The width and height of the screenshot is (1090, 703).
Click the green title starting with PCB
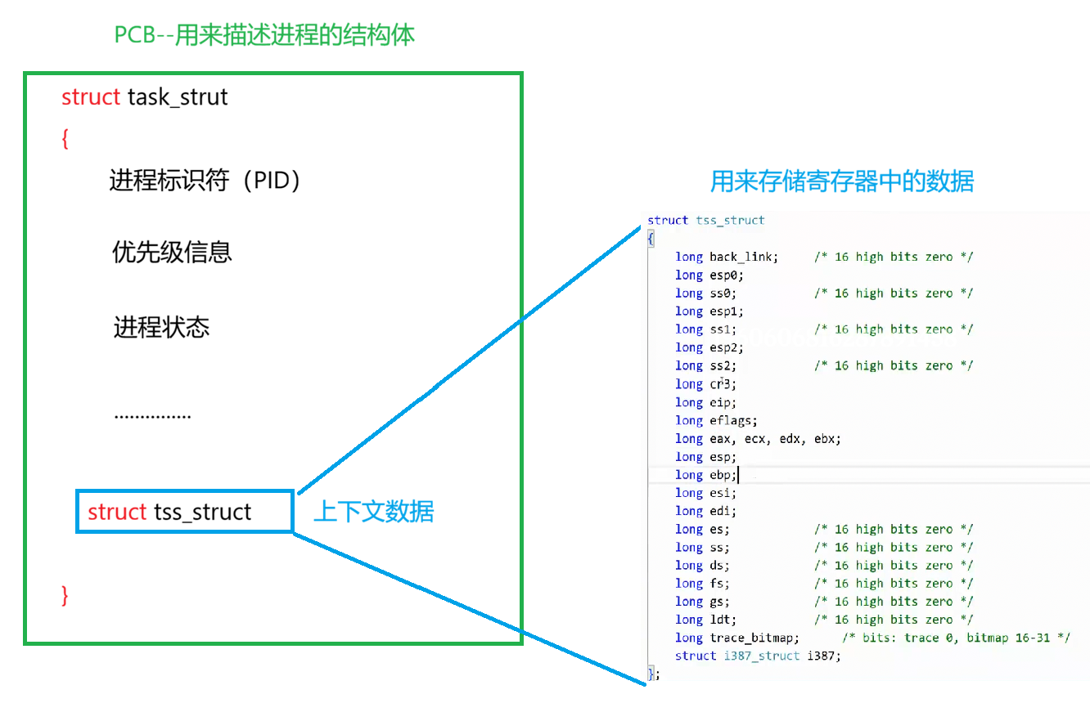264,35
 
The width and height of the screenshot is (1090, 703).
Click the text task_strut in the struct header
178,97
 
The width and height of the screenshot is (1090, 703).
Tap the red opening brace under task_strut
65,139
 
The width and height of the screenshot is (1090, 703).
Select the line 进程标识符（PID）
205,180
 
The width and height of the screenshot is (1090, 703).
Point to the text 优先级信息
172,252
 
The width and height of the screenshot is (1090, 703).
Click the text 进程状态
161,328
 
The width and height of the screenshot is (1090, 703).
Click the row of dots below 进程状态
152,415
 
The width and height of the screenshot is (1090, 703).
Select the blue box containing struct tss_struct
184,512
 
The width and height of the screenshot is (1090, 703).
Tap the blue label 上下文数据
373,512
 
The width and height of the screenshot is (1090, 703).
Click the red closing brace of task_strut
65,595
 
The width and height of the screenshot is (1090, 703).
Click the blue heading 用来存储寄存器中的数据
841,181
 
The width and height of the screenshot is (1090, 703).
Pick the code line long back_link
727,257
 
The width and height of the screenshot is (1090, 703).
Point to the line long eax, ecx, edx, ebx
758,438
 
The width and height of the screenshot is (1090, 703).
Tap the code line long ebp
706,475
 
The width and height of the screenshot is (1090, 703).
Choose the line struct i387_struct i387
758,656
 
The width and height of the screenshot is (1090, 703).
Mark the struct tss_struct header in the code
705,220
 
